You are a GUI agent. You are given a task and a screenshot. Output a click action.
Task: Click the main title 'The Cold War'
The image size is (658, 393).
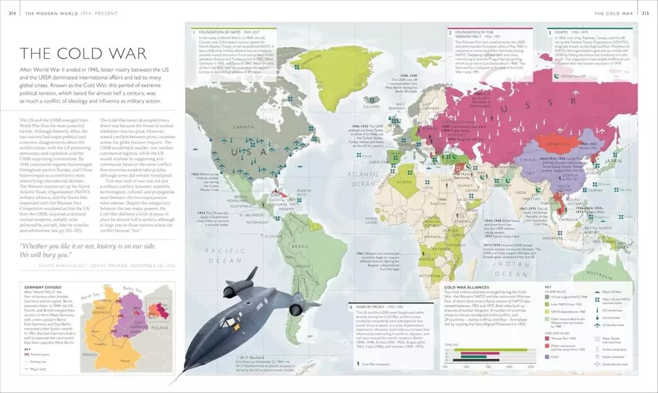84,55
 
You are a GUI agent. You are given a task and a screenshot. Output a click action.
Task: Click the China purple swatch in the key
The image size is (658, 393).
548,356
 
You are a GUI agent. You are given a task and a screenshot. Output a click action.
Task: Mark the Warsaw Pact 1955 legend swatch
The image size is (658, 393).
548,337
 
